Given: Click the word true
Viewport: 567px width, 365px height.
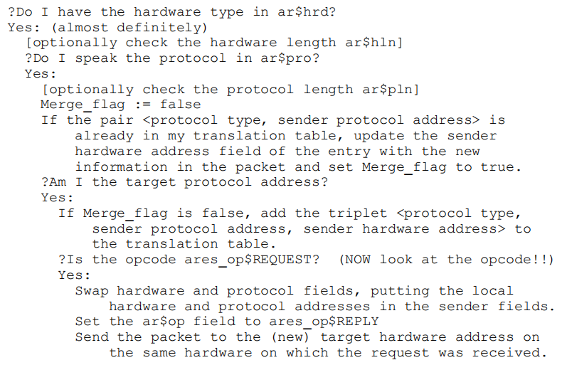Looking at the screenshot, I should coord(502,167).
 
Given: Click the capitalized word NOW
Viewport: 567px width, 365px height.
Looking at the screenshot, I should coord(360,260).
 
